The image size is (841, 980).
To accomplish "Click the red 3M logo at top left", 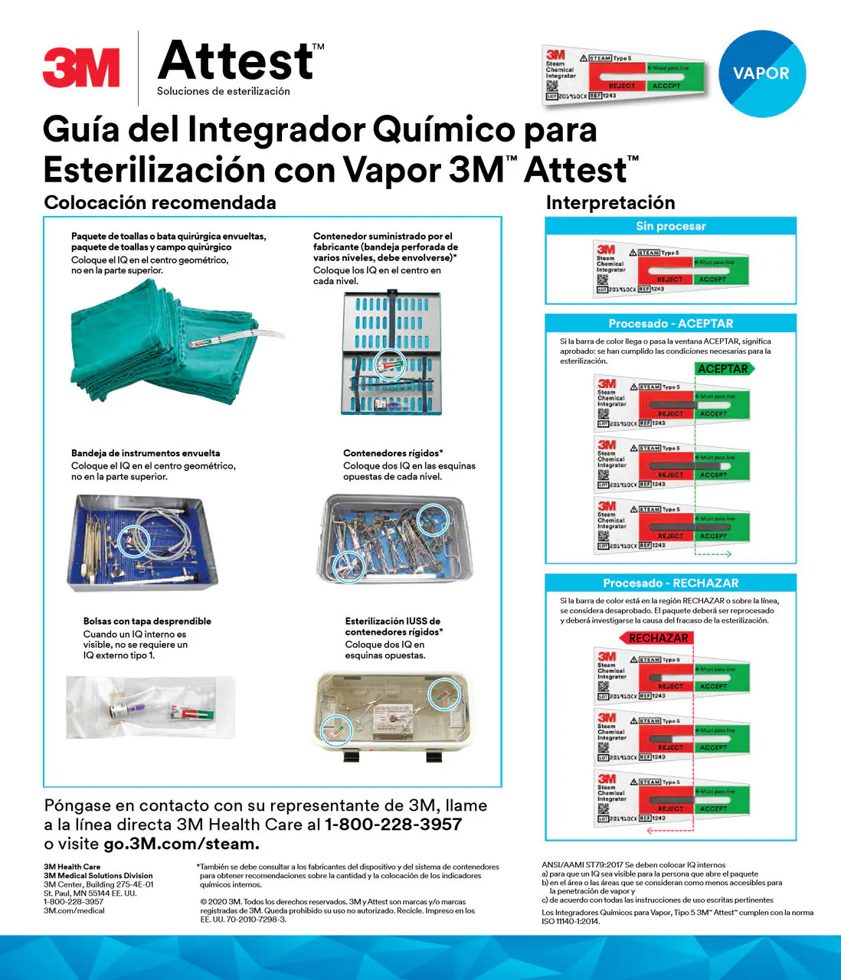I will tap(81, 67).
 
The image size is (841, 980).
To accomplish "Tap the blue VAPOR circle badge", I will tap(762, 73).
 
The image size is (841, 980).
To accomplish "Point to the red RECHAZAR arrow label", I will tap(656, 638).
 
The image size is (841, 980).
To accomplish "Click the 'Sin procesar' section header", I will tap(670, 226).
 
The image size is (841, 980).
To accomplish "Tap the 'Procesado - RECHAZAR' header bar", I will tap(670, 583).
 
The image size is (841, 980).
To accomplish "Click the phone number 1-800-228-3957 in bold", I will tap(393, 825).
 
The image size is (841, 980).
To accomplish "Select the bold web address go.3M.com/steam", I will tap(182, 844).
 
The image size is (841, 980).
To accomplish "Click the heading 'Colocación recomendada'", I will tap(160, 203).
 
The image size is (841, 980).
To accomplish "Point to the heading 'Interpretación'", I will tap(610, 203).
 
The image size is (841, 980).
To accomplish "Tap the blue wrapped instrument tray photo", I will tap(142, 543).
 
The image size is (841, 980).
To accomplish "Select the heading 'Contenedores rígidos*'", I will tap(393, 453).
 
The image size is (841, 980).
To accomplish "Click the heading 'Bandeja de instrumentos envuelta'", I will tap(146, 453).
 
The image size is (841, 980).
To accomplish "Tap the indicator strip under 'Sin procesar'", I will tap(670, 268).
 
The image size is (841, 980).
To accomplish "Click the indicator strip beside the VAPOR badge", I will tap(624, 75).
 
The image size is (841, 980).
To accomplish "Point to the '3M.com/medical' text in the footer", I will tap(74, 910).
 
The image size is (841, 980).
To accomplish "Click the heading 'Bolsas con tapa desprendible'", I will tap(147, 621).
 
